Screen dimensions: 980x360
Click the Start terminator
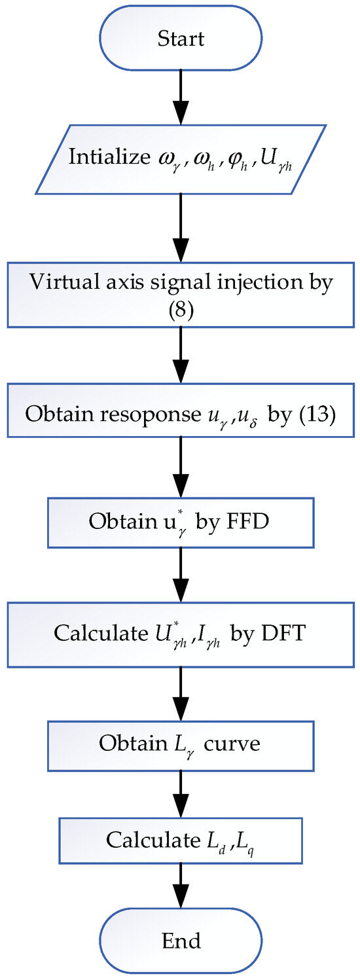180,38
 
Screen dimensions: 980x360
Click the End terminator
180,941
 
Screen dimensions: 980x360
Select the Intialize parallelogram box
180,159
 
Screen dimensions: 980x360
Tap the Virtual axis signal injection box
180,295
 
